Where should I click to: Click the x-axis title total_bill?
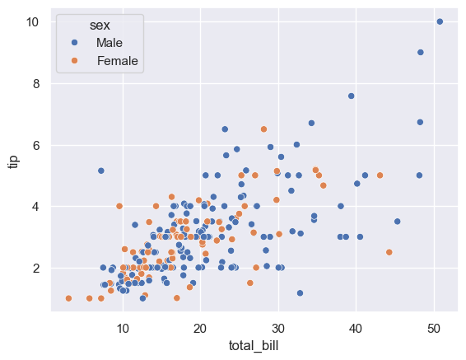click(253, 345)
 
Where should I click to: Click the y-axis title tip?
click(13, 160)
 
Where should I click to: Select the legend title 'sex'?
click(100, 25)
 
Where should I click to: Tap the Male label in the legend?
click(110, 42)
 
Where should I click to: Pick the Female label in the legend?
click(117, 60)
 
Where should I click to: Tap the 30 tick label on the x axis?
click(278, 327)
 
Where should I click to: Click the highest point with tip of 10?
click(440, 21)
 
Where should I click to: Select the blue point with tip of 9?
click(421, 52)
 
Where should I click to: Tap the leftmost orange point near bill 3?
click(68, 298)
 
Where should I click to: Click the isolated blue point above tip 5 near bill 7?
click(101, 171)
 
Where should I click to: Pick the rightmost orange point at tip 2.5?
click(389, 252)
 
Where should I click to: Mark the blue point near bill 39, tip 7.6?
click(352, 96)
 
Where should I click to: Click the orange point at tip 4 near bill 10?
click(119, 206)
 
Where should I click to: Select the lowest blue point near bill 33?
click(300, 292)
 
